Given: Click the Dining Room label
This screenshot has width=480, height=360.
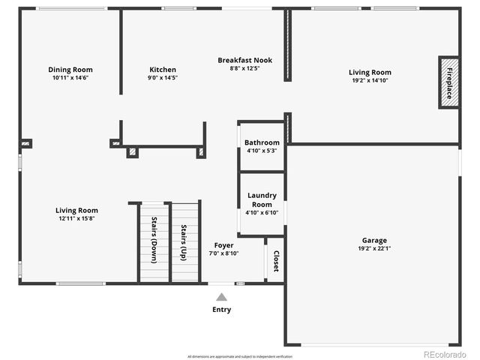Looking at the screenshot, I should pos(70,70).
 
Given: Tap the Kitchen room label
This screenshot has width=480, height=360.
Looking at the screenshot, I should pos(163,70).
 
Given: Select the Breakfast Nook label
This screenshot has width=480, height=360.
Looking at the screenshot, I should pos(244,60).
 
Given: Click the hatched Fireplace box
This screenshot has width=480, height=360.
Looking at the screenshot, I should pos(449,82).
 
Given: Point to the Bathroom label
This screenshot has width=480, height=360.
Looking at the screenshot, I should pos(262,142).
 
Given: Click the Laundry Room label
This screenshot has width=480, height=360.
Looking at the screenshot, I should pos(262,199).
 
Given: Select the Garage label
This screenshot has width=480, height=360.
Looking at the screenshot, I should pos(373,241).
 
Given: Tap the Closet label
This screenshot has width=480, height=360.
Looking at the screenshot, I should pos(275,261).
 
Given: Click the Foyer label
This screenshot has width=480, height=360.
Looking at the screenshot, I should pos(223,245).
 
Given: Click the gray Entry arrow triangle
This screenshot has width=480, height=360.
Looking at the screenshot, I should pos(221,297).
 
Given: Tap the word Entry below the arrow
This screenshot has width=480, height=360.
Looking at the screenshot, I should pos(221,310).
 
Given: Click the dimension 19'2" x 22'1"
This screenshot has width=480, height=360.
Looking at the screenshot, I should pos(373,249).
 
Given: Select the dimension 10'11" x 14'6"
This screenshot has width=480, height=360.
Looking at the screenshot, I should pos(70,78).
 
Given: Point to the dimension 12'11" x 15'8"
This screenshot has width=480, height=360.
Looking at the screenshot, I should pos(76,219).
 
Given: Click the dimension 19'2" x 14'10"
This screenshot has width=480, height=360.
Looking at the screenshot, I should pos(370,81).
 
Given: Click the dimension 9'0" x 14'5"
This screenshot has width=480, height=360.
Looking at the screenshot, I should pos(163,78).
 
